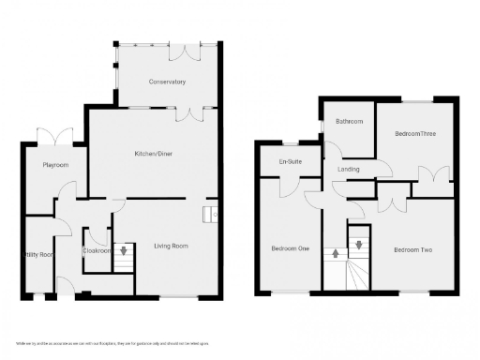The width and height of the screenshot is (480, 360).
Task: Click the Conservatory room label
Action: tap(168, 82)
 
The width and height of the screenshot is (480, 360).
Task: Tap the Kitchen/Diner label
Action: tap(153, 153)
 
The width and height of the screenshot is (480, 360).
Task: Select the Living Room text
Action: tap(171, 247)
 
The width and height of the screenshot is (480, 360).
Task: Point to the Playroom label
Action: tap(56, 164)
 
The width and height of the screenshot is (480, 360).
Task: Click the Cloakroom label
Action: tap(97, 250)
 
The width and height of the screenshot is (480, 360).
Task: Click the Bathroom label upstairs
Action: tap(350, 121)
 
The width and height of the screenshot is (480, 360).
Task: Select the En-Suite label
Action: tap(289, 162)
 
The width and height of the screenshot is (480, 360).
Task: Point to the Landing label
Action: tap(348, 169)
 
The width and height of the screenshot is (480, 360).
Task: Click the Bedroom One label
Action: tap(290, 248)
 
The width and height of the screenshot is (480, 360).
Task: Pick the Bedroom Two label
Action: tap(412, 249)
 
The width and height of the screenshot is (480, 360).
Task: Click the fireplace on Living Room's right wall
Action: tap(214, 214)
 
